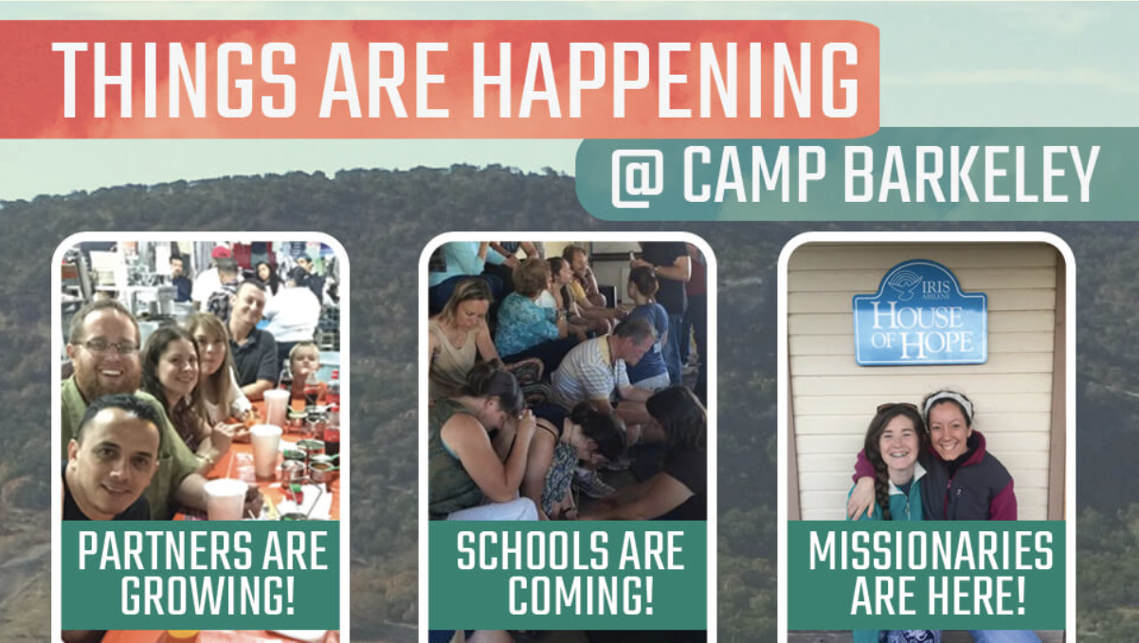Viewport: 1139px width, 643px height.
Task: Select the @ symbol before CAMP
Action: [x=638, y=175]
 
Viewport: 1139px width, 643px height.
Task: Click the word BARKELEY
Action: [x=971, y=175]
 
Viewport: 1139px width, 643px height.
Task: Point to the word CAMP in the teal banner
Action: [x=754, y=175]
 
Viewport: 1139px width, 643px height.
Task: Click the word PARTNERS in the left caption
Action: [x=165, y=550]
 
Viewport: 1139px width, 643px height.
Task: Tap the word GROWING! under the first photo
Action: [x=208, y=595]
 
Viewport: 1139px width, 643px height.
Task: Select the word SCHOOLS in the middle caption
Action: [x=532, y=550]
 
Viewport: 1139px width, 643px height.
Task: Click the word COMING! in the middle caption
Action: [x=581, y=595]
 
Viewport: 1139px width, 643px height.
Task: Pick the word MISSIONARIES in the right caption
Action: [x=931, y=550]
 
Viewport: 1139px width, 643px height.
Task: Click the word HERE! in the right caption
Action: [x=982, y=595]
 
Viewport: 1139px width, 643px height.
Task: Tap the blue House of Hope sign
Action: [x=920, y=313]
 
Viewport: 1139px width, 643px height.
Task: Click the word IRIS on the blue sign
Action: [x=935, y=287]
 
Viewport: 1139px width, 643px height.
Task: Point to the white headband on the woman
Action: [x=948, y=400]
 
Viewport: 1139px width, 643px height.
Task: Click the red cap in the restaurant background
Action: [x=221, y=252]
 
